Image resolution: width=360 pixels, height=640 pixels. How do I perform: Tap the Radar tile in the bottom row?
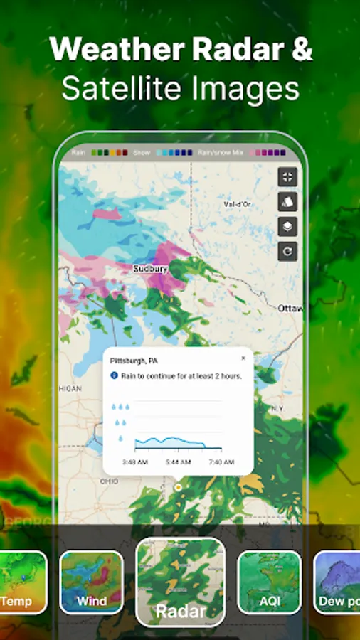point(180,581)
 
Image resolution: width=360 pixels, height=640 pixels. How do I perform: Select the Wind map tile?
point(91,582)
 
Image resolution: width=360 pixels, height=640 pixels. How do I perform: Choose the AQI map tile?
point(269,582)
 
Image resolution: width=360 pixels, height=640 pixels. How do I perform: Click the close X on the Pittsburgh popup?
point(243,358)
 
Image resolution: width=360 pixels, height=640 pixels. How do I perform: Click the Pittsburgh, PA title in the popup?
point(134,361)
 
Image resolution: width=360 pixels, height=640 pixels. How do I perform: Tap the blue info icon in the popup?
point(114,375)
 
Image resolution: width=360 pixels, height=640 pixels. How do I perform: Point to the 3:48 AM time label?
point(134,462)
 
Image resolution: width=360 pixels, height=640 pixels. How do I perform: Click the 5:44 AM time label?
point(178,462)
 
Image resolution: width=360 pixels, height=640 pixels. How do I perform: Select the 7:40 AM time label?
point(221,462)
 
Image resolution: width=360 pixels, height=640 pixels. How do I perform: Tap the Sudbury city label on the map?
point(150,269)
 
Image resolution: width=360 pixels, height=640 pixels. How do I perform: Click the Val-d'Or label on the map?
point(238,204)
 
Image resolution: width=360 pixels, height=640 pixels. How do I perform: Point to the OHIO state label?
point(109,481)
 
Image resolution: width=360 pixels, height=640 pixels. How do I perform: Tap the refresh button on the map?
point(287,251)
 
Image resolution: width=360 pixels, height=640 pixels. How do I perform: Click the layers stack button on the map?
point(287,227)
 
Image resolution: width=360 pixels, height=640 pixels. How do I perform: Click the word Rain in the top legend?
point(79,152)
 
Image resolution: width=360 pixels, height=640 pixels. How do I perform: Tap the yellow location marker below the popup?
point(177,488)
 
